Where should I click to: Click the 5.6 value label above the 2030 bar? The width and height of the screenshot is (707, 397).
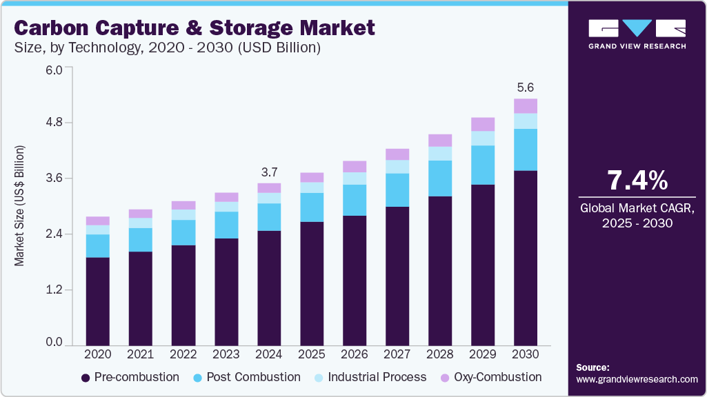coord(526,88)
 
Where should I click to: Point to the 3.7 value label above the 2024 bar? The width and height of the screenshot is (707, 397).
coord(269,172)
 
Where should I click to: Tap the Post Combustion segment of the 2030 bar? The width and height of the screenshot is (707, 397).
coord(526,150)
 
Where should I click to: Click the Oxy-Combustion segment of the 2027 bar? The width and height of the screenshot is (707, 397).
coord(397,154)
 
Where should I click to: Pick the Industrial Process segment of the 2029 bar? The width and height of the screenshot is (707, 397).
coord(483,139)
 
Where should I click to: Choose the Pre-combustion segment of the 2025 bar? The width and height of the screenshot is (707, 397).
coord(312,283)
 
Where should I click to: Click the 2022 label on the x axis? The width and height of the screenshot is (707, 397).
coord(183,354)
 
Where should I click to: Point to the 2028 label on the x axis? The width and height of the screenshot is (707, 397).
coord(440,354)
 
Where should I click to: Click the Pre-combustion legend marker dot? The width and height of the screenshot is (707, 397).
coord(86,378)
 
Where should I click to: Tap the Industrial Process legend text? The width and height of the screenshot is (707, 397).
coord(377,378)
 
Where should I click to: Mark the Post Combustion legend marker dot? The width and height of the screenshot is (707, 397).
coord(197,378)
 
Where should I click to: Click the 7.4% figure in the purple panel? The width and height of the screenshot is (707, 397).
coord(637,181)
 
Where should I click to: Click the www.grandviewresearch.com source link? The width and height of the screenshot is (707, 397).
coord(637,379)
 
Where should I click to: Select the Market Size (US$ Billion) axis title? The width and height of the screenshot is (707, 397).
coord(20,206)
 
